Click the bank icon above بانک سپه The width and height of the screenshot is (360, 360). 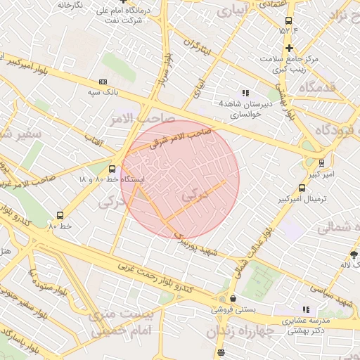click(104, 82)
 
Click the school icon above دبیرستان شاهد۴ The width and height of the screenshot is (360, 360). click(245, 93)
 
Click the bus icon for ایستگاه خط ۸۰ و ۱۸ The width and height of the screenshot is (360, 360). click(112, 169)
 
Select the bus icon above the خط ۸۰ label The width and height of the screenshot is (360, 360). click(60, 216)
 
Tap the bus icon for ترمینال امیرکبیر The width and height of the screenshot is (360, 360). click(302, 188)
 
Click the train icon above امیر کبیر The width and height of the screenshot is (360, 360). click(321, 161)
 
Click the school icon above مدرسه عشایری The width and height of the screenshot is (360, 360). click(306, 309)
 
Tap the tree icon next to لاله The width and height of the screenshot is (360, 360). click(354, 254)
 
